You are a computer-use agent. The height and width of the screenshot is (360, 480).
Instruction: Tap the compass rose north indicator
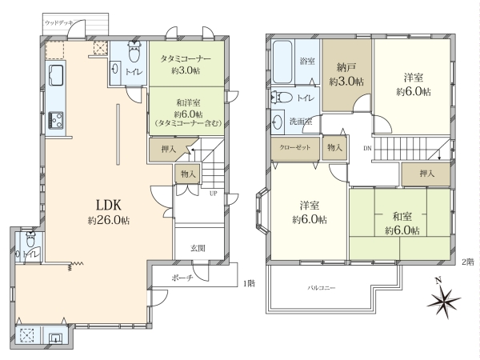point(443,298)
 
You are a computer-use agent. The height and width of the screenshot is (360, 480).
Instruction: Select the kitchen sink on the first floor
point(55,75)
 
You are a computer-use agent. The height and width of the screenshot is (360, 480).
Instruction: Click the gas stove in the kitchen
point(56,121)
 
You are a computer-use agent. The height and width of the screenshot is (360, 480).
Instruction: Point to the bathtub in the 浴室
point(282,62)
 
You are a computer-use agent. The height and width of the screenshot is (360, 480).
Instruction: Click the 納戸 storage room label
point(346,74)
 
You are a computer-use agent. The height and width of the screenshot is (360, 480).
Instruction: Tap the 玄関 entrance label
point(198,248)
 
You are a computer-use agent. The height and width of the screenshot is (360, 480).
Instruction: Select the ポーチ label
point(182,278)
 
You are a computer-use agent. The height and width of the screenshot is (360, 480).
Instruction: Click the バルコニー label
point(322,288)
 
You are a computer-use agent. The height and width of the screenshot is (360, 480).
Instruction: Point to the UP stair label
point(213,194)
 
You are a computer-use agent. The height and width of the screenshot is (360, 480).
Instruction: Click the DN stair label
point(367,149)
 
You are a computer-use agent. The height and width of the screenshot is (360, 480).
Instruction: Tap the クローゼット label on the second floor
point(294,147)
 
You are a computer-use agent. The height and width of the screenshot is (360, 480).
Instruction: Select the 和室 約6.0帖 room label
point(402,223)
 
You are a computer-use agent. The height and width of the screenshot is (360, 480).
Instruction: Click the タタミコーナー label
point(186,58)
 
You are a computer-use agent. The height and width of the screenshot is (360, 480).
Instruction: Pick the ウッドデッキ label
point(58,23)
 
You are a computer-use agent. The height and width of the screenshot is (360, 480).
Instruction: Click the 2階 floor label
point(468,262)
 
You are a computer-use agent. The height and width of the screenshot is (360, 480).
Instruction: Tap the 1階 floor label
point(249,284)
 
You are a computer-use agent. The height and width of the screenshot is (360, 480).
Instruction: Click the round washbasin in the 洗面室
point(278,122)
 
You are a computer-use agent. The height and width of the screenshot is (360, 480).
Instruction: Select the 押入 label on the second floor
point(427,174)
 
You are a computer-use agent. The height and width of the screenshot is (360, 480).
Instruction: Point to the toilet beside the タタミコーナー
point(134,52)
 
